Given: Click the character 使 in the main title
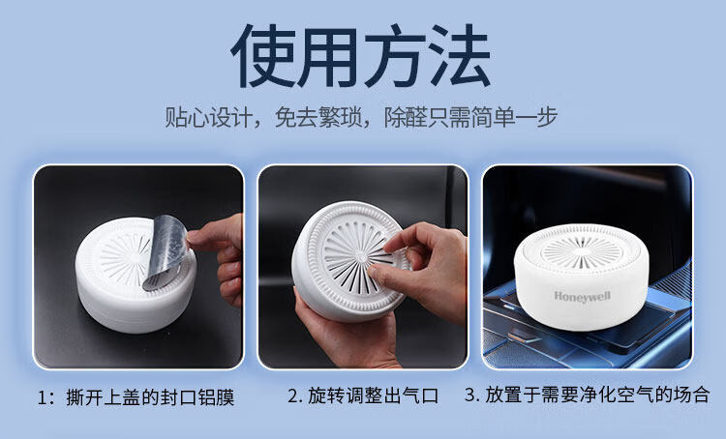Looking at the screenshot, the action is pyautogui.click(x=263, y=56).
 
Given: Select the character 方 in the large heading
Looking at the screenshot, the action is pyautogui.click(x=394, y=56).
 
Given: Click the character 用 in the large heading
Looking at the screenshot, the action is pyautogui.click(x=328, y=56).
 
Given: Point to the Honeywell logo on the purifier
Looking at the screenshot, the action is pyautogui.click(x=583, y=297).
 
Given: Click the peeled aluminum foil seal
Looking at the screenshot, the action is pyautogui.click(x=166, y=251).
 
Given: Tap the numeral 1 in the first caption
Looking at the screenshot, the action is pyautogui.click(x=43, y=397).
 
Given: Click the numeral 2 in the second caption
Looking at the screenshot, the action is pyautogui.click(x=293, y=396).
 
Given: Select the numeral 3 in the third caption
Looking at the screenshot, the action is pyautogui.click(x=470, y=395).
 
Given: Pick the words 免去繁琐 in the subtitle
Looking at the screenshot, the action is pyautogui.click(x=318, y=117).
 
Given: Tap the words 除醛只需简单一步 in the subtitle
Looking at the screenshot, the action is pyautogui.click(x=470, y=117).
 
